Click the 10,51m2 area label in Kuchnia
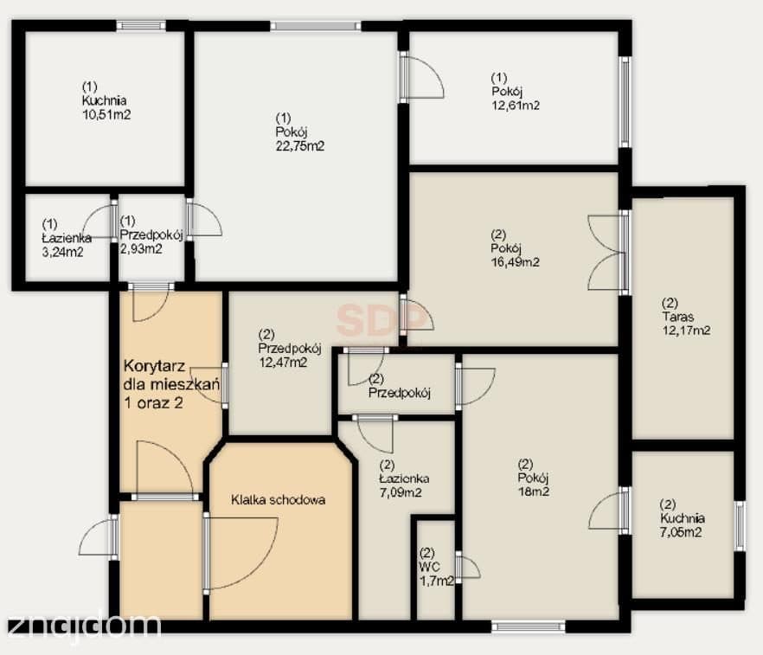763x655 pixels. click(106, 115)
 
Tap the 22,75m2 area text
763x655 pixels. click(299, 146)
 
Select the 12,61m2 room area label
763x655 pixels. click(516, 105)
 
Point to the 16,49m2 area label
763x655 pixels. click(516, 262)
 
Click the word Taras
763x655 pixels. click(677, 317)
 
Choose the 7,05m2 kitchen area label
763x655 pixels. click(681, 532)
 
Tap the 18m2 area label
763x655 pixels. click(533, 491)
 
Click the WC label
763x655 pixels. click(430, 567)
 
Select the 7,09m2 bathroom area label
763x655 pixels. click(401, 492)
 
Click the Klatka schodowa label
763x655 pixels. click(279, 500)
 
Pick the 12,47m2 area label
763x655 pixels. click(282, 362)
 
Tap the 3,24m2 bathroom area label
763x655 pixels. click(63, 252)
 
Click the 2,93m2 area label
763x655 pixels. click(141, 248)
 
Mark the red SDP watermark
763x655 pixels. click(381, 319)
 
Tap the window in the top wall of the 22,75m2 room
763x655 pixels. click(317, 25)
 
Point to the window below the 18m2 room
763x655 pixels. click(529, 626)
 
